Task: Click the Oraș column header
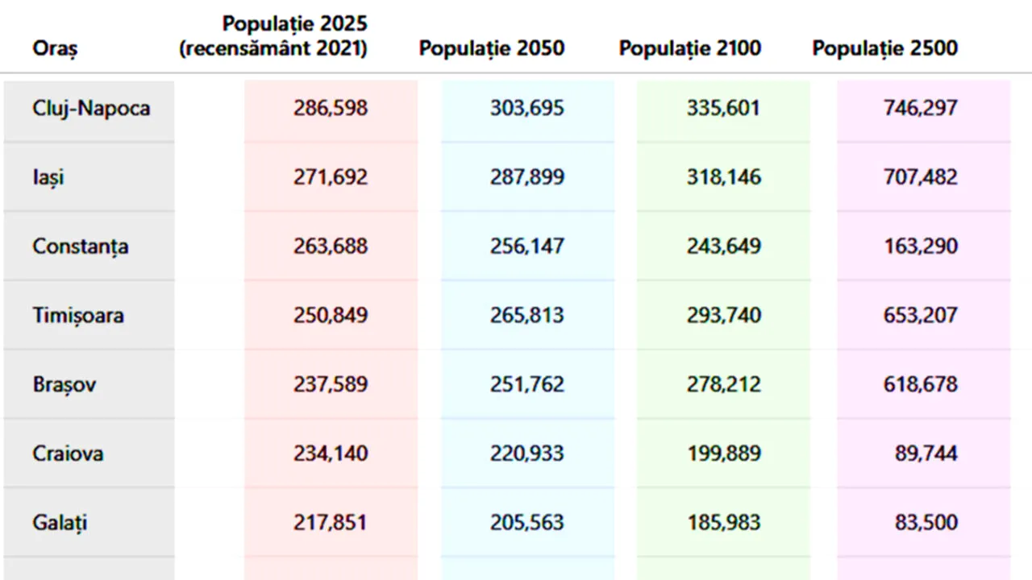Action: tap(55, 48)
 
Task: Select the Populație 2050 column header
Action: tap(491, 48)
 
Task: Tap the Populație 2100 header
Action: tap(689, 48)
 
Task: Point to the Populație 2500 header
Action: tap(884, 48)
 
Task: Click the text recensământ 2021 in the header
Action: tap(273, 49)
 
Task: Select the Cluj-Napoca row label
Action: tap(91, 108)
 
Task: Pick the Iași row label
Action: tap(48, 177)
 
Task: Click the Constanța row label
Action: tap(80, 246)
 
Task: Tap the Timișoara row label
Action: tap(78, 315)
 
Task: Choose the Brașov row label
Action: tap(64, 384)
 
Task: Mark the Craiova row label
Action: tap(68, 454)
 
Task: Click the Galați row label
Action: tap(60, 523)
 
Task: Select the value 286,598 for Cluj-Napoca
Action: tap(331, 108)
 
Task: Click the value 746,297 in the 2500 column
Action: tap(921, 108)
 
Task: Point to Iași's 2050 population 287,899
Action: tap(526, 177)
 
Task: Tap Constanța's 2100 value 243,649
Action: tap(723, 246)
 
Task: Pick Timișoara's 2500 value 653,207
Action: tap(921, 315)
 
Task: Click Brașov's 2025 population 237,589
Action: tap(331, 384)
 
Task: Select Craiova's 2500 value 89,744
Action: tap(926, 454)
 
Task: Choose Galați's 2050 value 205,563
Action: tap(526, 523)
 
